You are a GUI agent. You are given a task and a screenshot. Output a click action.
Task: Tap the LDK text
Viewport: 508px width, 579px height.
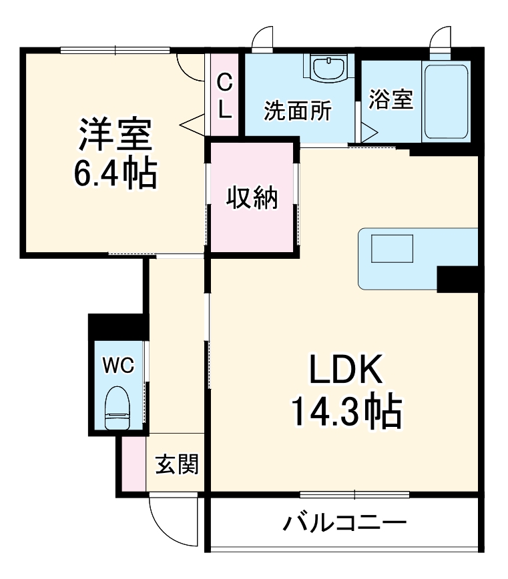pos(344,369)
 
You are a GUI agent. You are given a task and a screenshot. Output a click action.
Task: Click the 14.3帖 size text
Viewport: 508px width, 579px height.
pos(344,412)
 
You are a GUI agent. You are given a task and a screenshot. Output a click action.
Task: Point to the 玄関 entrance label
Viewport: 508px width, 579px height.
pos(177,464)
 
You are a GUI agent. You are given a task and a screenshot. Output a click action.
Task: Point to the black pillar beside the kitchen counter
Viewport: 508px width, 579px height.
pos(458,279)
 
